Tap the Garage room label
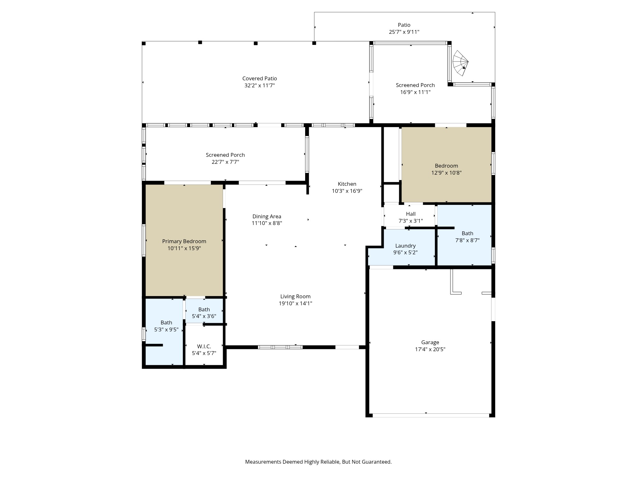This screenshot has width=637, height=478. point(430,342)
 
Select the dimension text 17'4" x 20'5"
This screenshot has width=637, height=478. point(430,349)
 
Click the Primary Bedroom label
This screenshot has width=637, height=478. point(184,241)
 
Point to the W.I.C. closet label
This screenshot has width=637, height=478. point(204,346)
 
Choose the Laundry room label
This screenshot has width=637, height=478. point(405,246)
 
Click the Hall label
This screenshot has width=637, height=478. point(411,214)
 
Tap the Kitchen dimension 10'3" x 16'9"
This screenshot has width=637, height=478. point(347,191)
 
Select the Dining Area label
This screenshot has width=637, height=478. point(267,216)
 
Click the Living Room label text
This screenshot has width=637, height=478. point(295,296)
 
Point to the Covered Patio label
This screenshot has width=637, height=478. point(260,78)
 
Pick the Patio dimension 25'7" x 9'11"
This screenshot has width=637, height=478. point(404,32)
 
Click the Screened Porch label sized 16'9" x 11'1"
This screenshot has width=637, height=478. point(415,85)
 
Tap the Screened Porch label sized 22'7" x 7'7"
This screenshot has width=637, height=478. point(225,155)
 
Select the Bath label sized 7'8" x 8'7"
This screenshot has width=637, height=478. point(467,233)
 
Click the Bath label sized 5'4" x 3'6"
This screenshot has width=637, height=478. point(204,309)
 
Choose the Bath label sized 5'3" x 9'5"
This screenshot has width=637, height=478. point(166,322)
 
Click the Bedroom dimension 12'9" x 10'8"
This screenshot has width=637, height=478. point(446,173)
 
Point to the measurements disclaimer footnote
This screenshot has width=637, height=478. point(318,462)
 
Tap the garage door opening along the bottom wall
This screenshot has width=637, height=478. point(431,415)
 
